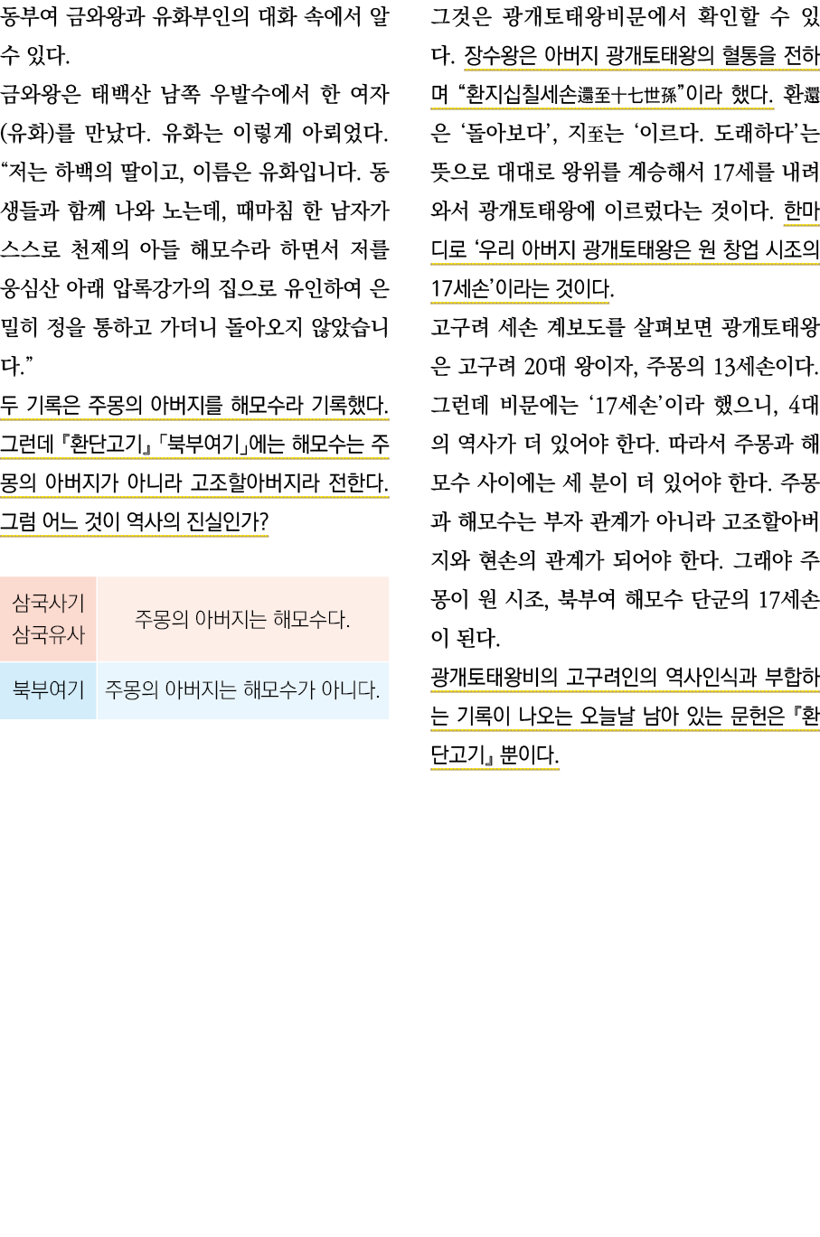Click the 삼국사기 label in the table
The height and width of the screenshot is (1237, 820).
tap(49, 603)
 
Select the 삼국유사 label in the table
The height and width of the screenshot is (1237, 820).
tap(49, 634)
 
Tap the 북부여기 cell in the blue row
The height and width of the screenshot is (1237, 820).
tap(49, 690)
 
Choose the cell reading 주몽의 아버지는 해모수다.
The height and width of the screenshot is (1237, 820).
tap(242, 619)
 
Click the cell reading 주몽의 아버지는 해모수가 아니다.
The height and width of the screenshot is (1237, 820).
tap(242, 690)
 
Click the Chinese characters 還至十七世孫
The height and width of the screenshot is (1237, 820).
tap(629, 95)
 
